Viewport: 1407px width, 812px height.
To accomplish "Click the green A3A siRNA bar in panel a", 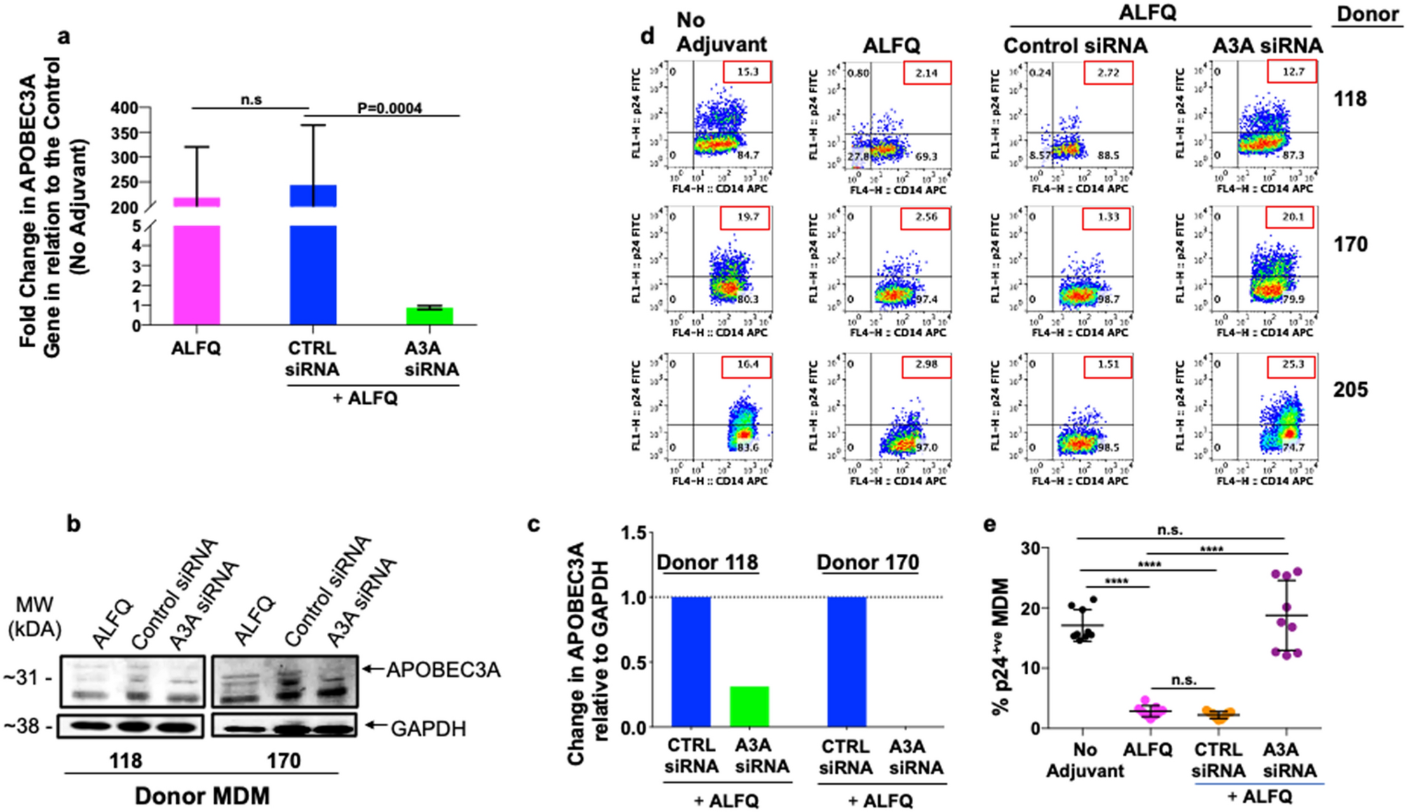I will pos(429,316).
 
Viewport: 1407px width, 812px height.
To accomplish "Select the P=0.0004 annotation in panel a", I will pos(389,108).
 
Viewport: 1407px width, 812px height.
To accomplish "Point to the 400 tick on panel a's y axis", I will pos(125,108).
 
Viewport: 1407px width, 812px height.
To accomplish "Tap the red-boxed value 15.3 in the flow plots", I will pos(747,72).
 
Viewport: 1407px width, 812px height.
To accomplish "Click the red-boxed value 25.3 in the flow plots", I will pos(1291,365).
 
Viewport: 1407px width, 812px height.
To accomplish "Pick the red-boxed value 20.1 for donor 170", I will pos(1291,217).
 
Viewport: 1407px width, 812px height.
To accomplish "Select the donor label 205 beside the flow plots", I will pos(1350,390).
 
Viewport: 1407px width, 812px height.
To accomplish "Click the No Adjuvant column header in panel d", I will pos(721,32).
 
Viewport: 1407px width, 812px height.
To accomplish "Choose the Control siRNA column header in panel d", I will pos(1075,46).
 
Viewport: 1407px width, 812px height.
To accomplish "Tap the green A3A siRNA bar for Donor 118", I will pos(749,706).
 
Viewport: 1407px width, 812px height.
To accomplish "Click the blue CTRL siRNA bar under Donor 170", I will pos(847,661).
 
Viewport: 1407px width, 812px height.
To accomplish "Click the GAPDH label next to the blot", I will pos(428,729).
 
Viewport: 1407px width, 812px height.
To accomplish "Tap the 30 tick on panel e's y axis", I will pos(1030,548).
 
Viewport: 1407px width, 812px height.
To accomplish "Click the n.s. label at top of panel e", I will pos(1169,530).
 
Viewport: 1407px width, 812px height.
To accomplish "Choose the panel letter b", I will pos(74,524).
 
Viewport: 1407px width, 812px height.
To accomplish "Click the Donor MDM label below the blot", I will pos(202,796).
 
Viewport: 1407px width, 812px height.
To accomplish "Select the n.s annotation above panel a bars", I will pos(250,100).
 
